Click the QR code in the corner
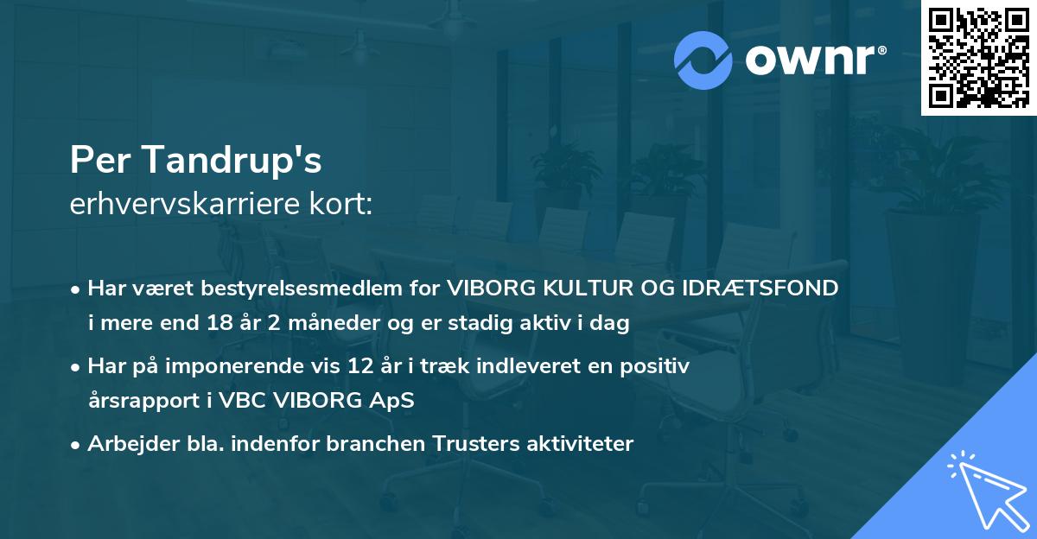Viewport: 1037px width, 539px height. click(978, 58)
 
